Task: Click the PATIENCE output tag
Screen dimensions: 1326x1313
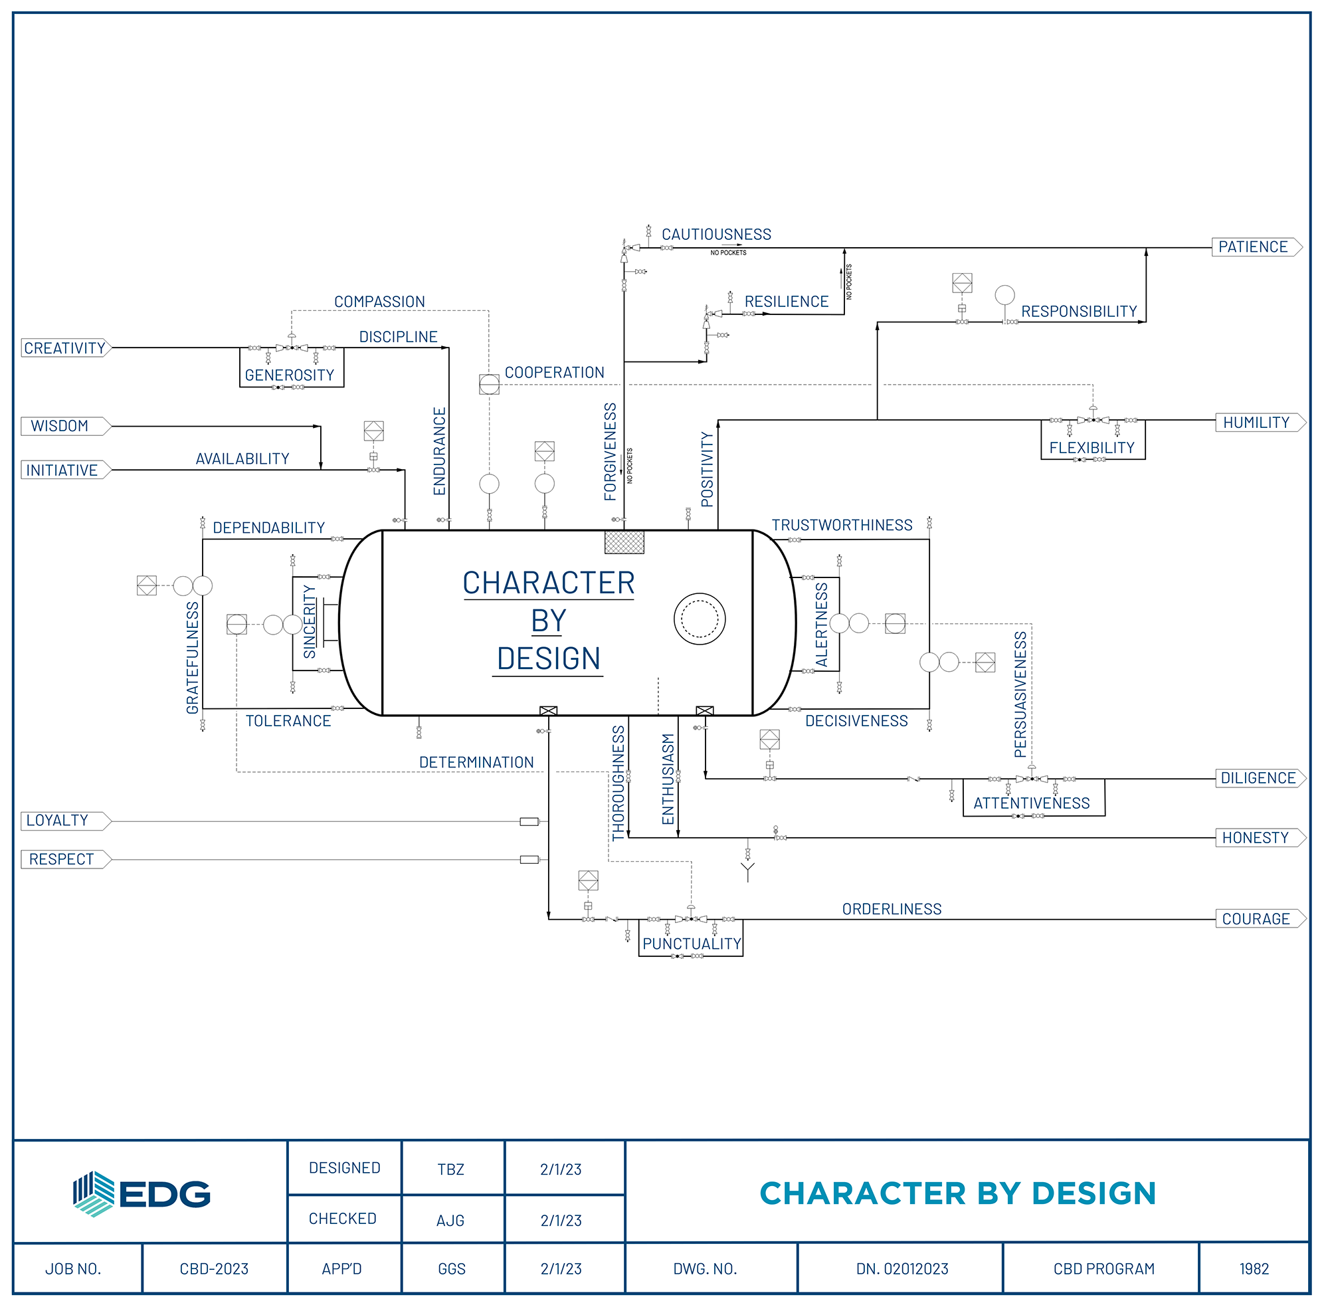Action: [1257, 247]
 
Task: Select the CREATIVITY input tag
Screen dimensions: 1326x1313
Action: [66, 348]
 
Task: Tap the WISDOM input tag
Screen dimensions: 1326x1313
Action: [66, 426]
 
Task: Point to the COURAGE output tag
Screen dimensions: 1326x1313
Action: [1260, 919]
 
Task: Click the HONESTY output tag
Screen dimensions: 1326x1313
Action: [1260, 838]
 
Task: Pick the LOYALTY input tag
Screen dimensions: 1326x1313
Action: [66, 821]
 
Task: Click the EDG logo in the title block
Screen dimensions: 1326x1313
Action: [142, 1194]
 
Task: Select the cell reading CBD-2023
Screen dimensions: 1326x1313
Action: [214, 1269]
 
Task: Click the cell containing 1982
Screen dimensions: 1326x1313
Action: [1254, 1269]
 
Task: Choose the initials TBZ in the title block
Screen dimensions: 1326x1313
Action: [451, 1169]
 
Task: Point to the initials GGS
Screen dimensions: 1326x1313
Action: [452, 1269]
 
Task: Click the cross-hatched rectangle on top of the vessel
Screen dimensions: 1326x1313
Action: [624, 542]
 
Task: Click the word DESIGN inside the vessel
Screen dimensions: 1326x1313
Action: [549, 659]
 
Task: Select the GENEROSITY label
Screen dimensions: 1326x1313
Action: [290, 375]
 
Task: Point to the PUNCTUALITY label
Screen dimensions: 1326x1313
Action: [692, 944]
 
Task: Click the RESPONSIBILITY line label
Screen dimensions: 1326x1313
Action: [1079, 312]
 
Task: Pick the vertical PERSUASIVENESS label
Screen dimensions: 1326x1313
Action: [1020, 694]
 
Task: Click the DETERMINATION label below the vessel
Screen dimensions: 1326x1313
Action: [476, 763]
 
